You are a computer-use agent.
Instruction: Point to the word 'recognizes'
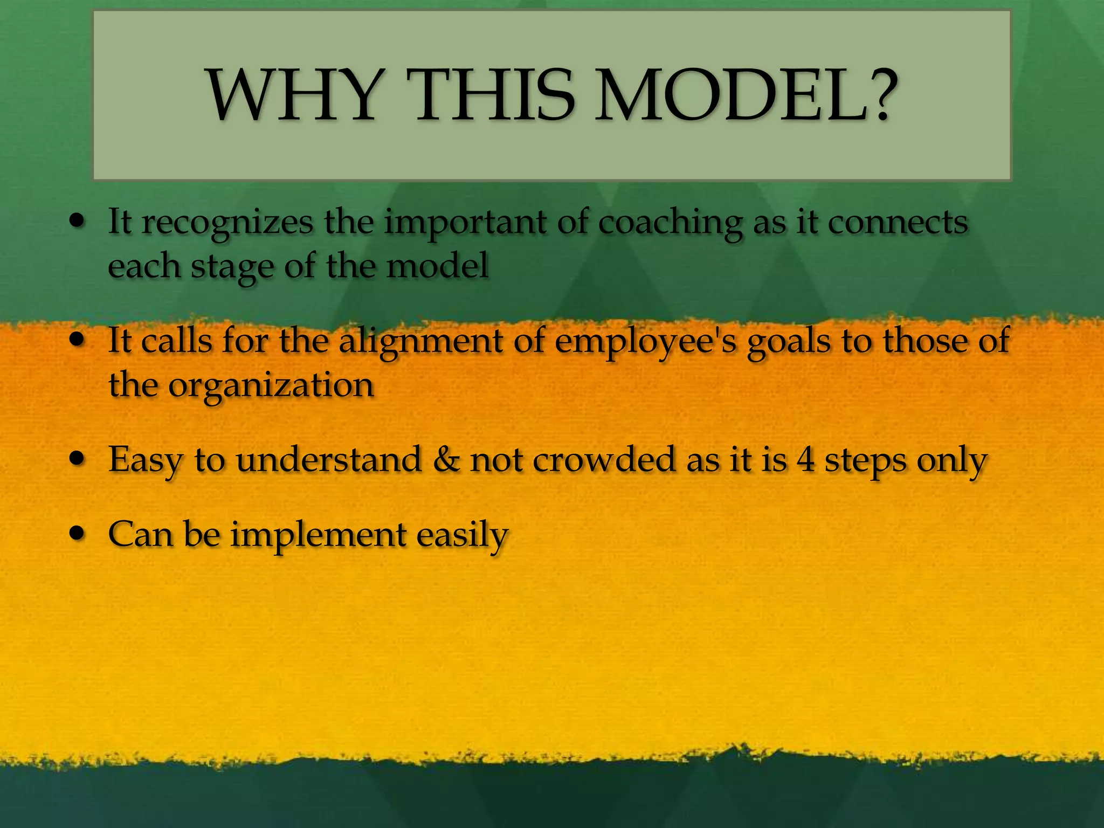coord(227,223)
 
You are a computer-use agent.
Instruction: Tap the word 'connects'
coord(898,222)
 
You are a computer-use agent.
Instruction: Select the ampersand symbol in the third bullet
coord(447,460)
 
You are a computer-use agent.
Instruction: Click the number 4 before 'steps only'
coord(806,460)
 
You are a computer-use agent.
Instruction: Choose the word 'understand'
coord(328,460)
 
